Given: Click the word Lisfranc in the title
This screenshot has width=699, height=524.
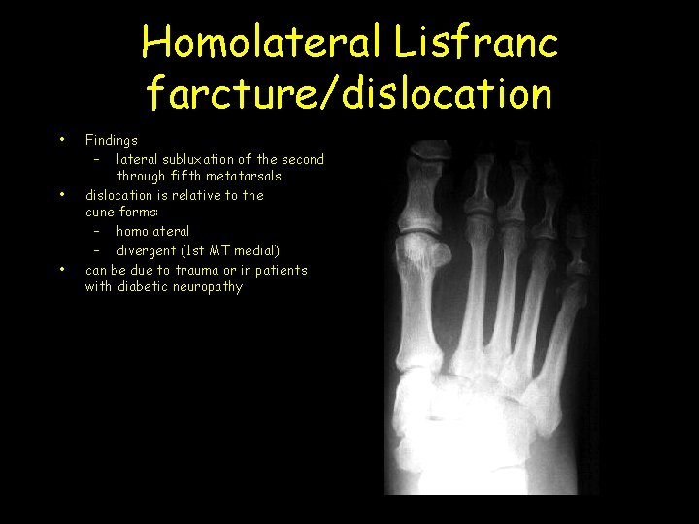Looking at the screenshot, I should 476,44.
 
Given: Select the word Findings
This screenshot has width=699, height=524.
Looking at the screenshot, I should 112,140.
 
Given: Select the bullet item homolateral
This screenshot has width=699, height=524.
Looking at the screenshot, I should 152,231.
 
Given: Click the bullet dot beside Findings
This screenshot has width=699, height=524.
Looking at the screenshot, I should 62,140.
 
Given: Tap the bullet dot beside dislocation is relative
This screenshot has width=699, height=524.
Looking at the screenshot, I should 62,195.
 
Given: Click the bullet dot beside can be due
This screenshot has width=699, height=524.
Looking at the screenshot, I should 62,269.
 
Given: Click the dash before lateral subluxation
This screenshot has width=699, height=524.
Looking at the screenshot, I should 97,158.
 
